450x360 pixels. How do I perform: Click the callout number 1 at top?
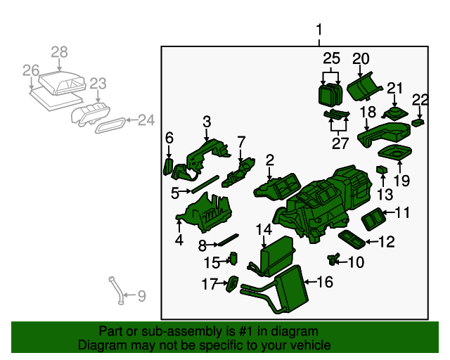[x=319, y=31]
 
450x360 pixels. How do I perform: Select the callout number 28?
[x=59, y=52]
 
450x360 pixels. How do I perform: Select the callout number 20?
[x=361, y=59]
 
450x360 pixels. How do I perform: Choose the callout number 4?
[x=179, y=240]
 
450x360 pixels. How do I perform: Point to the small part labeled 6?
[x=168, y=167]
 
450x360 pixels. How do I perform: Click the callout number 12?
[x=387, y=242]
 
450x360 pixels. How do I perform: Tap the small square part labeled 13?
[x=382, y=169]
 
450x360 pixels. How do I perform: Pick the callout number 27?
[x=340, y=143]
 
